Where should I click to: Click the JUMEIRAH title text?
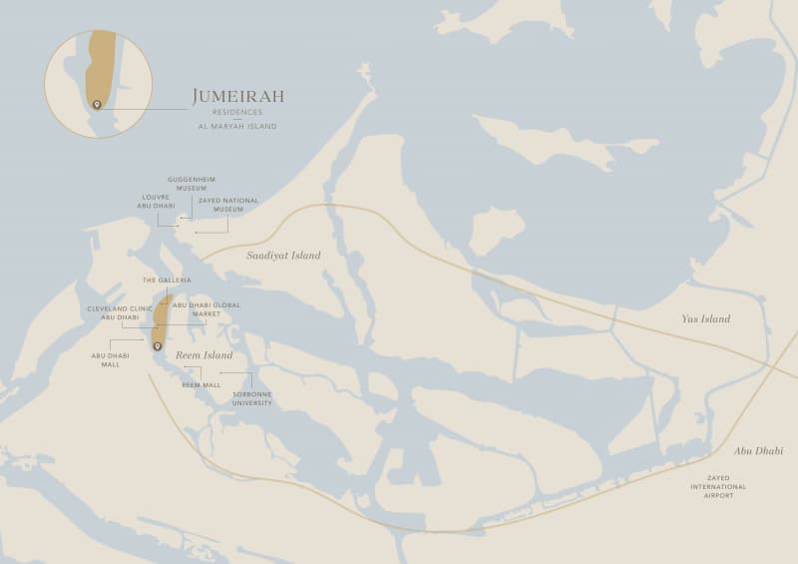click(x=237, y=96)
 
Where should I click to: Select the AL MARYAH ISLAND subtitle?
click(x=237, y=127)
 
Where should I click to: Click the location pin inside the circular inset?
click(x=97, y=104)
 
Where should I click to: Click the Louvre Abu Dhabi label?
click(x=158, y=202)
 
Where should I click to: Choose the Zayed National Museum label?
click(x=227, y=205)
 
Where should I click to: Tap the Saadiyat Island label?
click(x=283, y=256)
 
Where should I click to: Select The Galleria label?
click(x=167, y=281)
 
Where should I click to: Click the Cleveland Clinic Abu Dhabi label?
click(x=120, y=313)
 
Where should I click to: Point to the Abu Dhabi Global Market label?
click(x=205, y=309)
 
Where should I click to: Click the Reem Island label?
click(x=204, y=355)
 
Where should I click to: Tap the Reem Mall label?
click(x=201, y=384)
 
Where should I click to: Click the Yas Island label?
click(x=705, y=319)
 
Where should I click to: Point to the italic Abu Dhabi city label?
click(x=758, y=451)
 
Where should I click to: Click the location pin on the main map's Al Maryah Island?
click(x=157, y=346)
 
